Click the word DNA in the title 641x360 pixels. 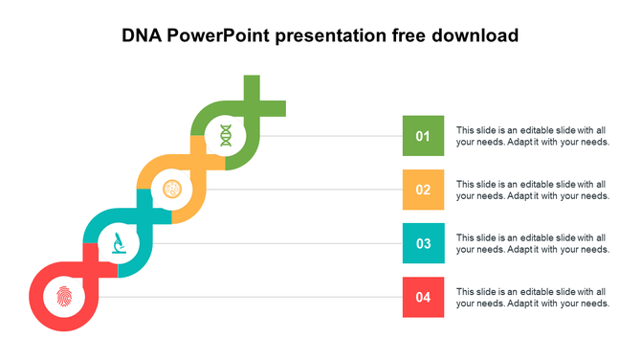142,36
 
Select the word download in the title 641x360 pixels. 476,36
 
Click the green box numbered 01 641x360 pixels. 423,136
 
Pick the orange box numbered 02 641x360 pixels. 423,190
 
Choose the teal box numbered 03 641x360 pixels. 423,243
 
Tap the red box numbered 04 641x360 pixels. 423,297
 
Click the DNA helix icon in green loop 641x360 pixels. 225,135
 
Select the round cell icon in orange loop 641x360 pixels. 172,189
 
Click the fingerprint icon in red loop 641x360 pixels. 64,296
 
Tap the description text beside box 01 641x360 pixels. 532,136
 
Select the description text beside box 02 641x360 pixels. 532,190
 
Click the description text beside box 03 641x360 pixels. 532,243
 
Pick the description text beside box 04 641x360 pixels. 532,297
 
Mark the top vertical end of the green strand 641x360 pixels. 252,79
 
